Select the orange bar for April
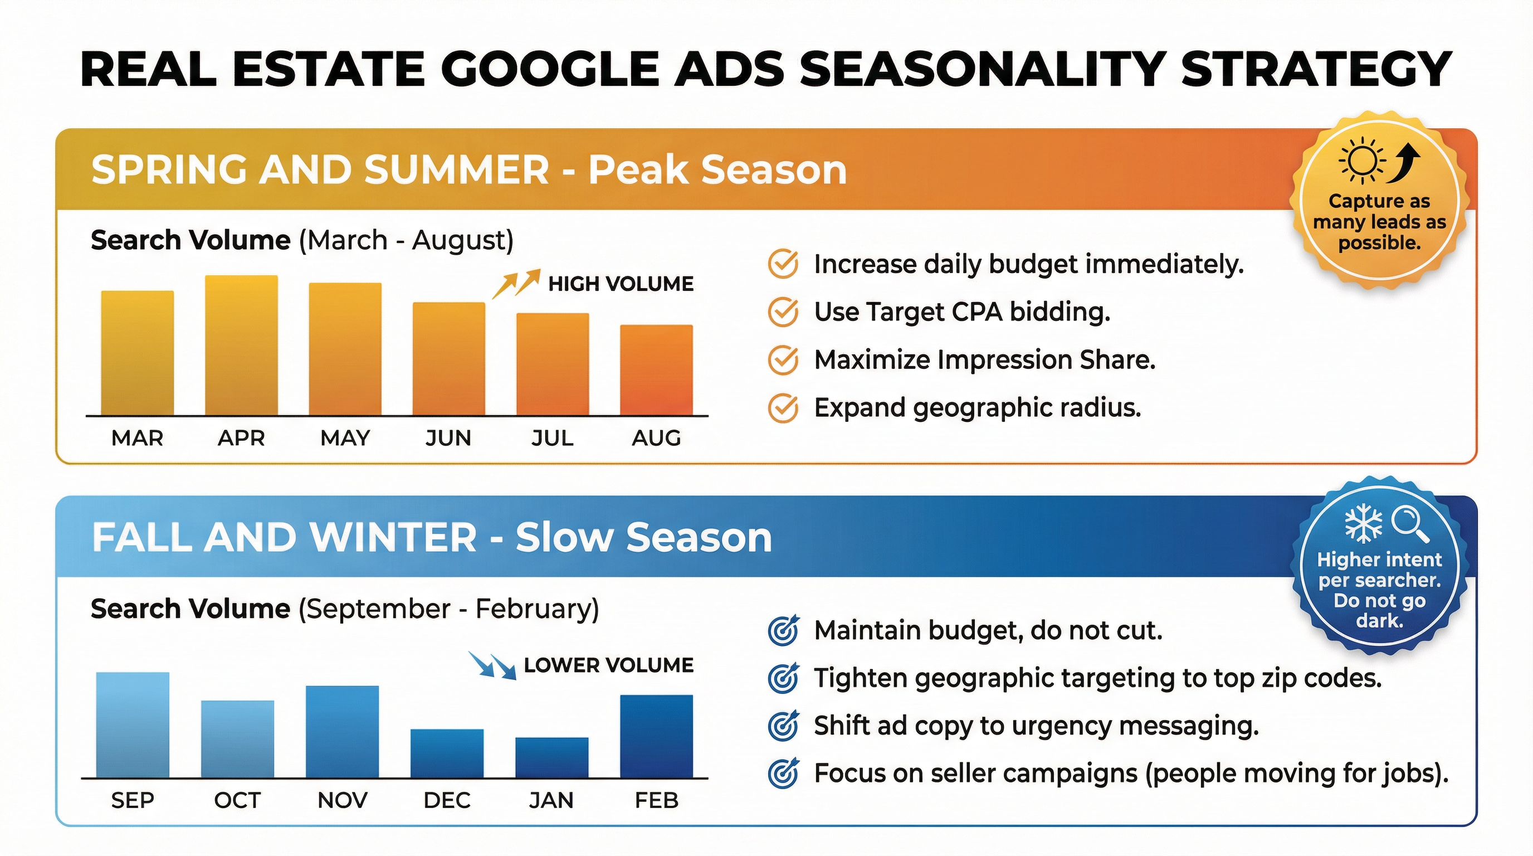click(241, 346)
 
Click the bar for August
click(656, 369)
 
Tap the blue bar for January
click(551, 757)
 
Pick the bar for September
click(132, 724)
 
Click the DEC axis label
click(447, 800)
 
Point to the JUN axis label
click(448, 437)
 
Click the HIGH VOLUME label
click(620, 284)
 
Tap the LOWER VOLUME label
click(608, 665)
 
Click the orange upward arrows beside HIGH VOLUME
click(515, 283)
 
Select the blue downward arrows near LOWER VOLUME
click(492, 665)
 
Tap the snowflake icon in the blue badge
click(1364, 524)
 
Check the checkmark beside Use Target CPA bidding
click(783, 312)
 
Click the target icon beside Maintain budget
click(783, 630)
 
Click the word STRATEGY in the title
click(1316, 69)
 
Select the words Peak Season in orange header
click(717, 169)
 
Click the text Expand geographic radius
click(977, 408)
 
